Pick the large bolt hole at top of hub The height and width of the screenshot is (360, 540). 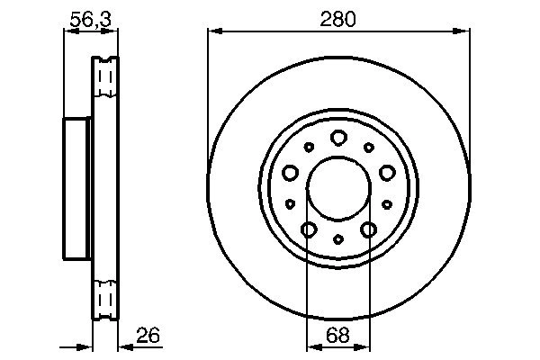click(x=337, y=137)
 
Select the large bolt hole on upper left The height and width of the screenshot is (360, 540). click(x=290, y=172)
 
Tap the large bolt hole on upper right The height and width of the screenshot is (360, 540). click(x=386, y=172)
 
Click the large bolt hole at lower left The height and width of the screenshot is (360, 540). click(x=308, y=229)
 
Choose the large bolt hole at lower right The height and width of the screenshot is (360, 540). click(x=367, y=229)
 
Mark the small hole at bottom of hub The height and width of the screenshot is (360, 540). click(x=337, y=238)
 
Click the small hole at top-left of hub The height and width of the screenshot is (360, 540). click(x=309, y=147)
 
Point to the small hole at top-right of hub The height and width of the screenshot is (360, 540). click(x=367, y=147)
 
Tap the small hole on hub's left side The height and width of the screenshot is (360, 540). click(x=290, y=203)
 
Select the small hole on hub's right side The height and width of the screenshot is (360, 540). click(x=386, y=203)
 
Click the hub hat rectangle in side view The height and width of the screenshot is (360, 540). click(x=78, y=187)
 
